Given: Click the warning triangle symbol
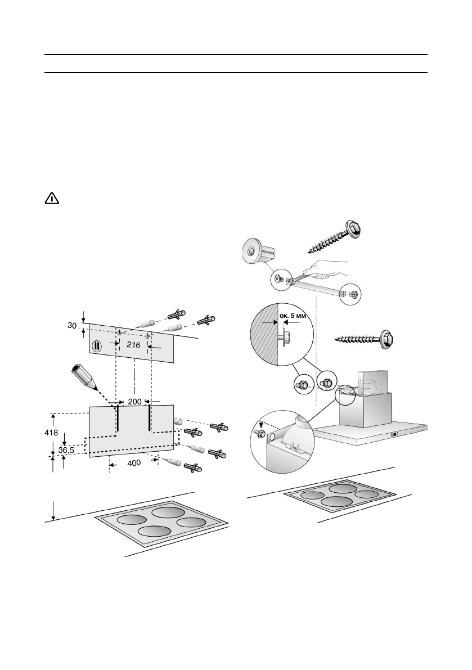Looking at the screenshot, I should pos(52,199).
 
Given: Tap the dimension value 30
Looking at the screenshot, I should pos(73,326).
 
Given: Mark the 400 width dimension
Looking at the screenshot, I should pos(133,462).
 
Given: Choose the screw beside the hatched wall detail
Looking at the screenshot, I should pos(365,338).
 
